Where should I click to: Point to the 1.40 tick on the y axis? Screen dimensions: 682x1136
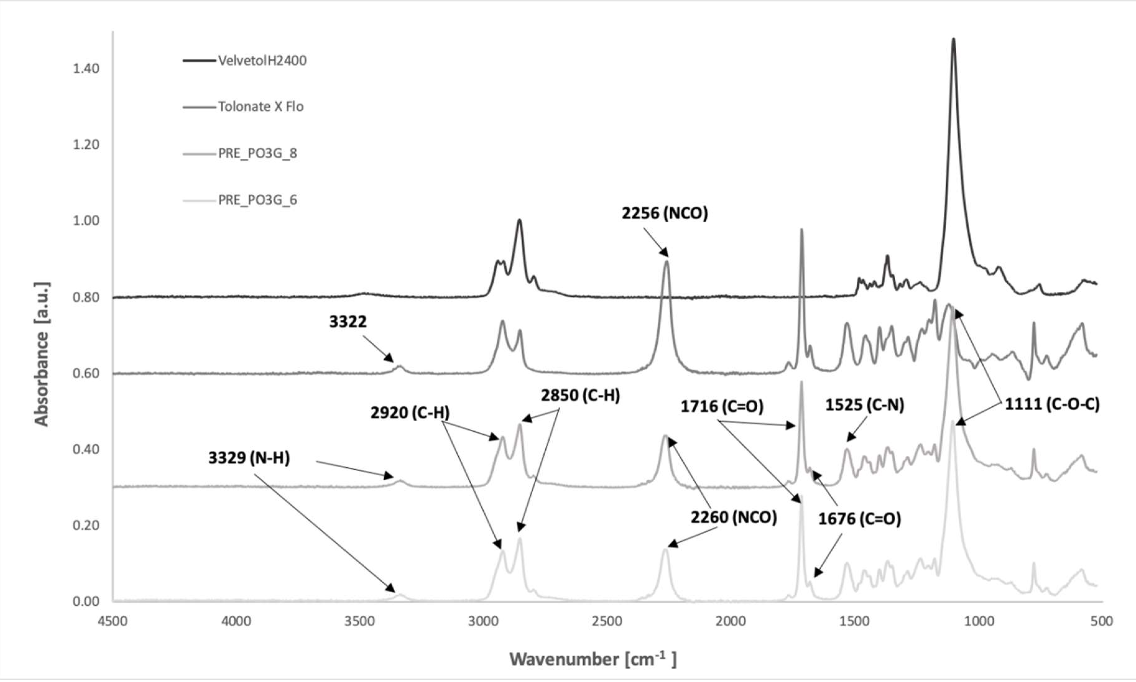[86, 68]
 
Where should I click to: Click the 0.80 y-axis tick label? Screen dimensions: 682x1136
[86, 297]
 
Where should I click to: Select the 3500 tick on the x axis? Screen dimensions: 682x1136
[359, 621]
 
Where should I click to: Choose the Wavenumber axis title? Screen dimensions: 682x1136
[593, 659]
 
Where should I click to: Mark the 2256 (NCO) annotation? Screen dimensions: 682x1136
[665, 213]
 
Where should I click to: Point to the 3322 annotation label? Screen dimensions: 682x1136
[348, 322]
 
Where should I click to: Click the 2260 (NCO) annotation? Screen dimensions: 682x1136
[734, 517]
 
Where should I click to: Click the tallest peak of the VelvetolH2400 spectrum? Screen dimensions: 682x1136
[953, 39]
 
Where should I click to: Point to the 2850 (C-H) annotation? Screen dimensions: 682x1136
[580, 395]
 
